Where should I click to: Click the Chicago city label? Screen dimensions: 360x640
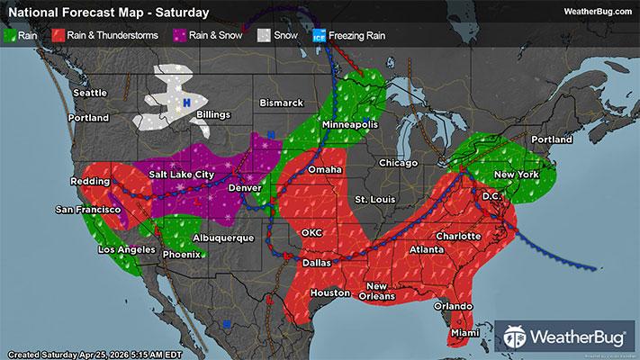click(399, 163)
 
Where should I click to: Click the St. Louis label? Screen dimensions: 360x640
click(373, 198)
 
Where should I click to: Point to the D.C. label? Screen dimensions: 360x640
click(491, 195)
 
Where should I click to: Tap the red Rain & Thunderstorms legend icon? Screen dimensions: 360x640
click(58, 38)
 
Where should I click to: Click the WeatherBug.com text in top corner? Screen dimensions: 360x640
click(597, 12)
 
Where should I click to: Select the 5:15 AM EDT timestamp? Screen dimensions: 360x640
click(158, 352)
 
